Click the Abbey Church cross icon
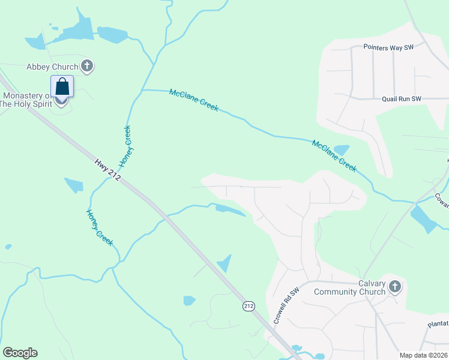87,67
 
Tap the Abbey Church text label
52,67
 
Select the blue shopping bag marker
62,87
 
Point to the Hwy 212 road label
108,170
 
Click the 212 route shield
248,307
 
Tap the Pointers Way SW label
389,47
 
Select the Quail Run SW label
402,99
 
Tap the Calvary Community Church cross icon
394,287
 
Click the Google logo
20,353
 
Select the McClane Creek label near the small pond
334,156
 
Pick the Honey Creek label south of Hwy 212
100,227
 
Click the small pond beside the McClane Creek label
341,149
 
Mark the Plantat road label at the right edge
438,323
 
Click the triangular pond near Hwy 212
224,263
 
